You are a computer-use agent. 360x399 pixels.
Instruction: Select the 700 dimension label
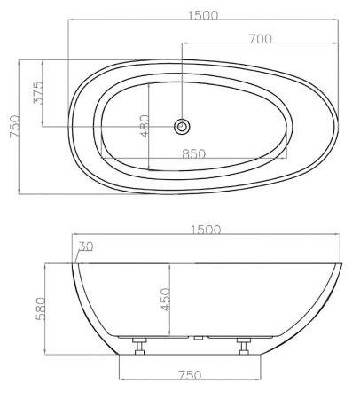pyautogui.click(x=261, y=38)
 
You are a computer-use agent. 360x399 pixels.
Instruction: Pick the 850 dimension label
pyautogui.click(x=194, y=153)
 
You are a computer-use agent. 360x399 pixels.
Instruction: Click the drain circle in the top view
pyautogui.click(x=182, y=126)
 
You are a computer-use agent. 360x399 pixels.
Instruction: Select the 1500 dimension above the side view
pyautogui.click(x=206, y=230)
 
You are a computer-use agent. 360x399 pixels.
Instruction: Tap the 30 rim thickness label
pyautogui.click(x=86, y=246)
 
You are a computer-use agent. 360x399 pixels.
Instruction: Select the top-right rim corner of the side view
pyautogui.click(x=340, y=263)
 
